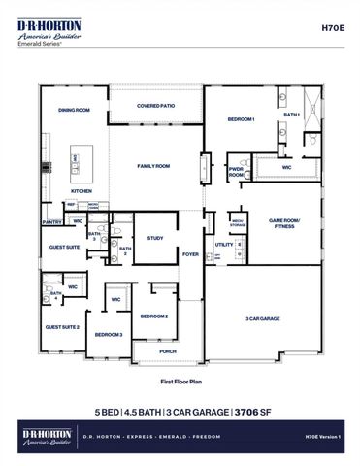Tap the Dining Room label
pyautogui.click(x=74, y=111)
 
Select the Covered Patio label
pyautogui.click(x=155, y=106)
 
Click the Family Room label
pyautogui.click(x=153, y=166)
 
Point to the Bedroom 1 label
pyautogui.click(x=241, y=118)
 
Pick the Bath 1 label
pyautogui.click(x=292, y=115)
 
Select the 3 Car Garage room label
pyautogui.click(x=263, y=317)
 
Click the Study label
pyautogui.click(x=155, y=237)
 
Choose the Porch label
pyautogui.click(x=167, y=351)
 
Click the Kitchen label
pyautogui.click(x=82, y=191)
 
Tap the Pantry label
pyautogui.click(x=52, y=222)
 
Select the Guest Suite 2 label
pyautogui.click(x=62, y=327)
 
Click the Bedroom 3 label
pyautogui.click(x=108, y=334)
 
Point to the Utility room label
pyautogui.click(x=223, y=245)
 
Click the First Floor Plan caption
pyautogui.click(x=180, y=382)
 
